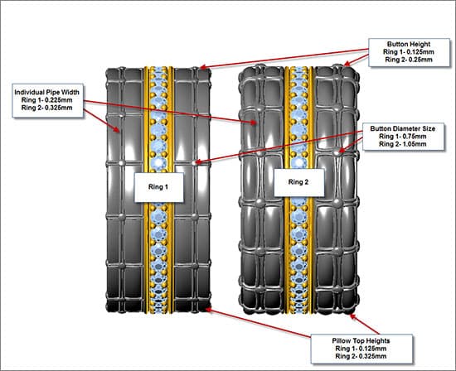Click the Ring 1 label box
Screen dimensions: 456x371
point(159,187)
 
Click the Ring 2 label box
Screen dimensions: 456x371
point(298,182)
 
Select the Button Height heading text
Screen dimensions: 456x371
point(409,44)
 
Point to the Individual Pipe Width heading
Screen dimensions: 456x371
point(46,92)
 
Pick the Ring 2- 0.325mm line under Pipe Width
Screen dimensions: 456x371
point(46,108)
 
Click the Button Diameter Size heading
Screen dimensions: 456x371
point(403,128)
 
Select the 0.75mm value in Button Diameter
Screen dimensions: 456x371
point(414,137)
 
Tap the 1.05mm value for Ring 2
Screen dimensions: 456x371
point(414,144)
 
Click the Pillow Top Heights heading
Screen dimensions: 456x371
point(361,341)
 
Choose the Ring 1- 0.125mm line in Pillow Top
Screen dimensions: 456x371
point(361,349)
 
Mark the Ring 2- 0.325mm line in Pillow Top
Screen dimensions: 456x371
point(361,356)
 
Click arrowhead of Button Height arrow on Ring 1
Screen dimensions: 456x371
point(203,67)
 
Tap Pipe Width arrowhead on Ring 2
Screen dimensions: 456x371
point(254,123)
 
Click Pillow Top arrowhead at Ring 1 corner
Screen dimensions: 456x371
point(208,310)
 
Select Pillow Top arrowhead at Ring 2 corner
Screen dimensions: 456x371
point(352,316)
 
